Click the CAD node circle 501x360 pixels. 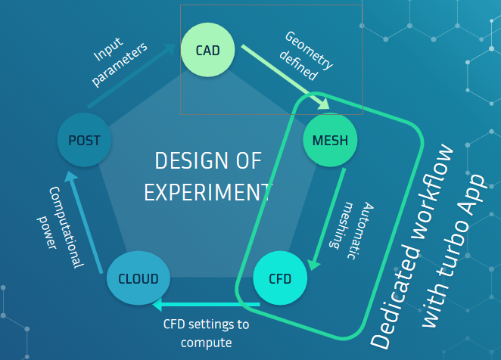207,51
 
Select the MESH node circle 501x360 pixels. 329,140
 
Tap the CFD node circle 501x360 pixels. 279,278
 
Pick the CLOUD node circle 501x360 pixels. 133,278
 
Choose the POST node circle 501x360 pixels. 84,140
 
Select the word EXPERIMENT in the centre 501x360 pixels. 207,191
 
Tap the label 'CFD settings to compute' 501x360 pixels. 206,334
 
